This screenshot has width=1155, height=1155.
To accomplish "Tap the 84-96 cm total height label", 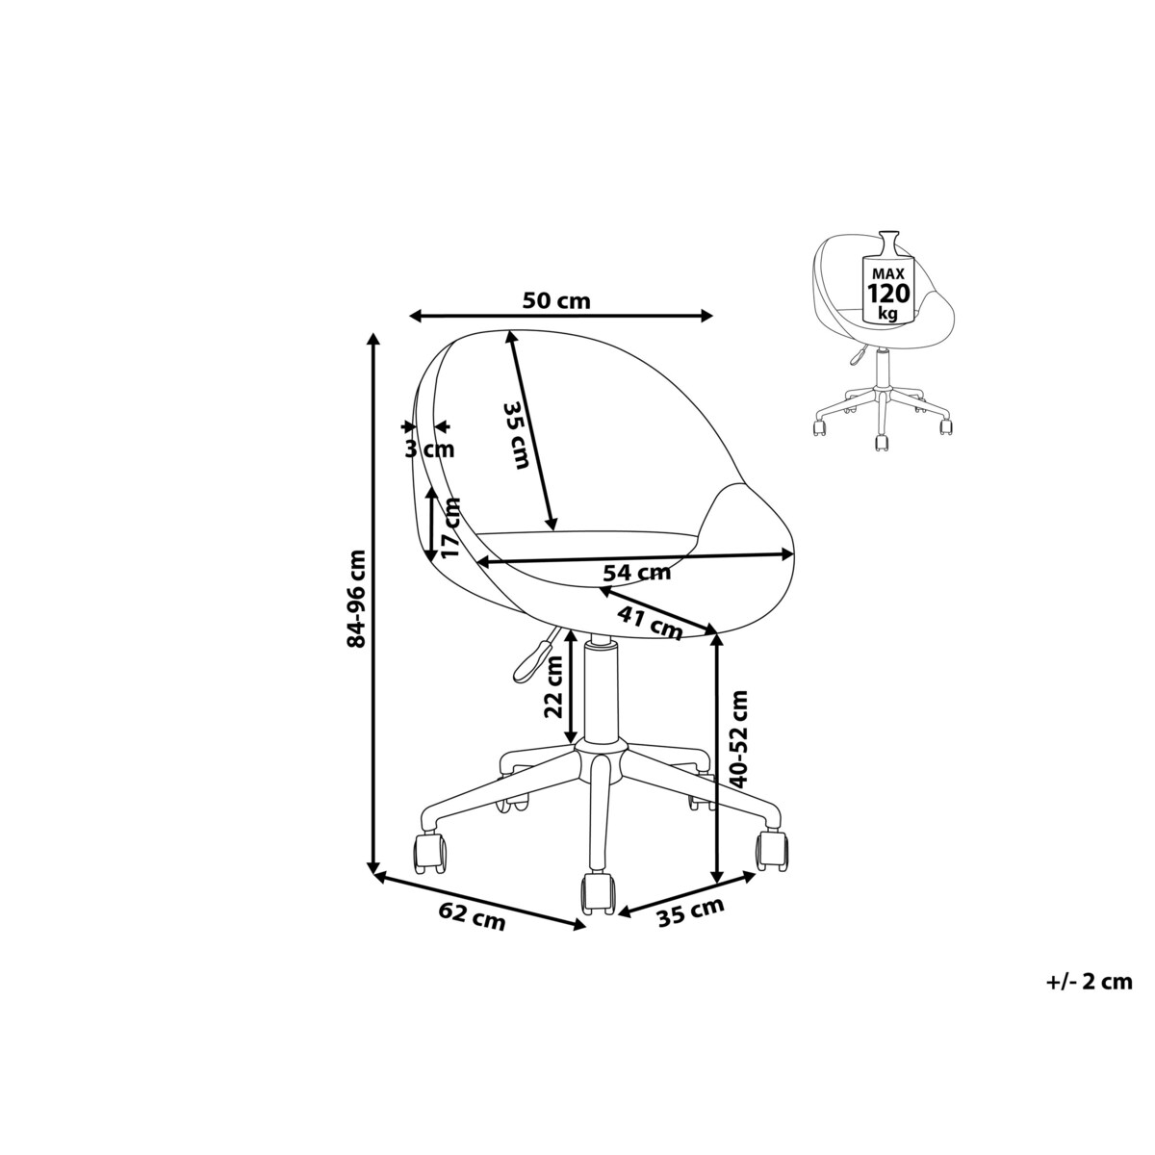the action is click(x=356, y=598).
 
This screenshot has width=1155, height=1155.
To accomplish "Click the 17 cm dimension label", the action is click(x=449, y=528).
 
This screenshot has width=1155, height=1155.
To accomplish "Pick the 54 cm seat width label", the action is click(x=636, y=573).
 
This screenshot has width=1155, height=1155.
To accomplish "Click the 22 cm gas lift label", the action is click(x=552, y=687).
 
